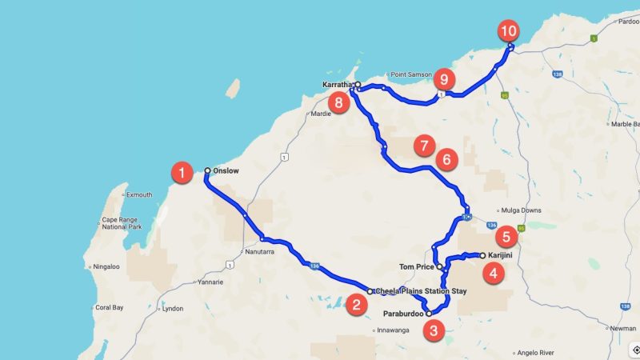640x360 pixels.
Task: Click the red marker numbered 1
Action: (x=183, y=172)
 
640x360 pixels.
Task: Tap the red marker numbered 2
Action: (x=358, y=304)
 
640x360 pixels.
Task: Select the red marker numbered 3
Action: (x=433, y=329)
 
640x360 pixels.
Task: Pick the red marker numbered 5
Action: (x=506, y=237)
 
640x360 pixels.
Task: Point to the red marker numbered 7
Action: (x=424, y=146)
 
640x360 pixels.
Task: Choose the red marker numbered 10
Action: (x=509, y=31)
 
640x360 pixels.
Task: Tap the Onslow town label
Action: (x=225, y=170)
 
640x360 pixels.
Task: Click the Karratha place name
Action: (x=337, y=84)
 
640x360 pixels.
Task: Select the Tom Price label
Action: (x=416, y=266)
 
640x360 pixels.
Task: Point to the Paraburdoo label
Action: (x=402, y=314)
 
